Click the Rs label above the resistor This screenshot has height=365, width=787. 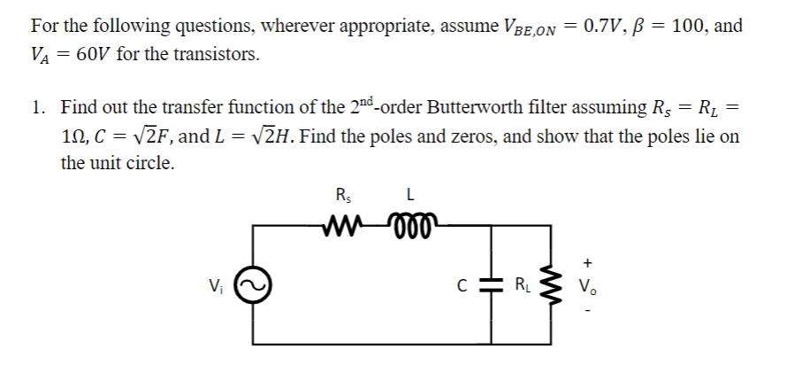[342, 196]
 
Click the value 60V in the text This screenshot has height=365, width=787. [90, 55]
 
